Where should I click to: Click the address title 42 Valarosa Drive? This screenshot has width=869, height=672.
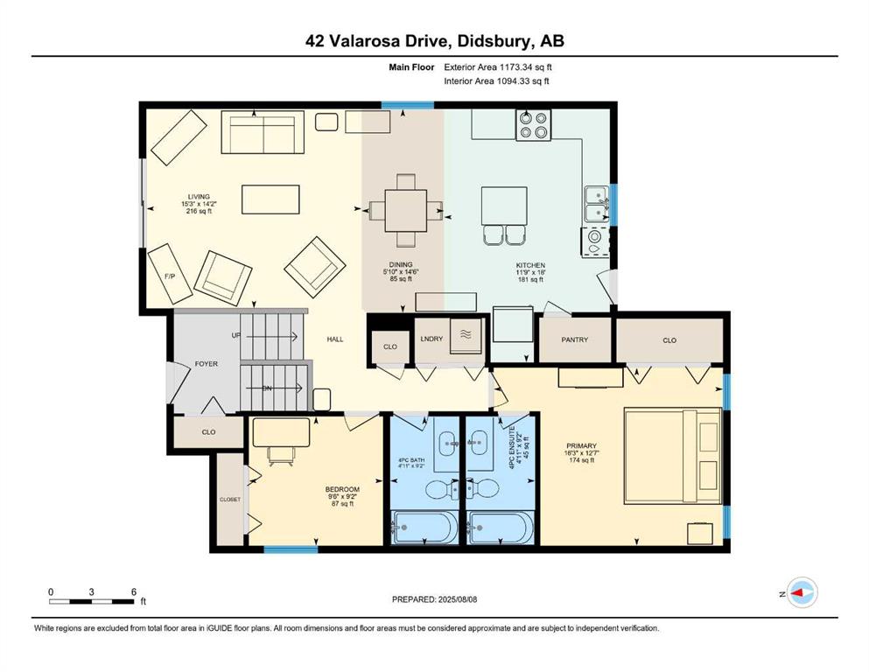(434, 41)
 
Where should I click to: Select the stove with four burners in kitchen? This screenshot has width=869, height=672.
(534, 126)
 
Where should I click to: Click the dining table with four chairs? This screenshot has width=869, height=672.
(404, 211)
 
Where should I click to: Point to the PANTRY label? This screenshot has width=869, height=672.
(574, 339)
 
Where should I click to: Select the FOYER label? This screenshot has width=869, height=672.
(206, 364)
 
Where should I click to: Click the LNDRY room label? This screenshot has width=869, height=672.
(431, 339)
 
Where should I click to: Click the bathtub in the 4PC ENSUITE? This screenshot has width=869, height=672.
(500, 528)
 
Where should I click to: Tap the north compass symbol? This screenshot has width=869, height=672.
(802, 593)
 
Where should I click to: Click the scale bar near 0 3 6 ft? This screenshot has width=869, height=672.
(92, 602)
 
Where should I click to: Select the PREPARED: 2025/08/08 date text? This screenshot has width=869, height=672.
(436, 599)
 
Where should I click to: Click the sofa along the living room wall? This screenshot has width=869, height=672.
(256, 132)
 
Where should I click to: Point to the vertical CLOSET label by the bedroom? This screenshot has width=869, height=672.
(229, 499)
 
